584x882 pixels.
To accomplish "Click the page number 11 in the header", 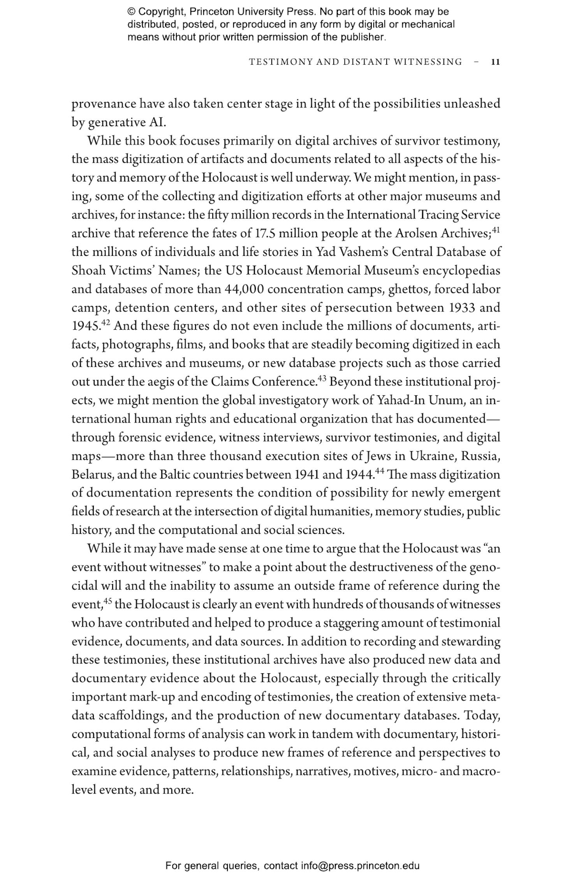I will (495, 62).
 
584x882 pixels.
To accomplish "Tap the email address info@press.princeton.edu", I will (360, 866).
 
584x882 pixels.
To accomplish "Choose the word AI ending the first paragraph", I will (157, 123).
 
